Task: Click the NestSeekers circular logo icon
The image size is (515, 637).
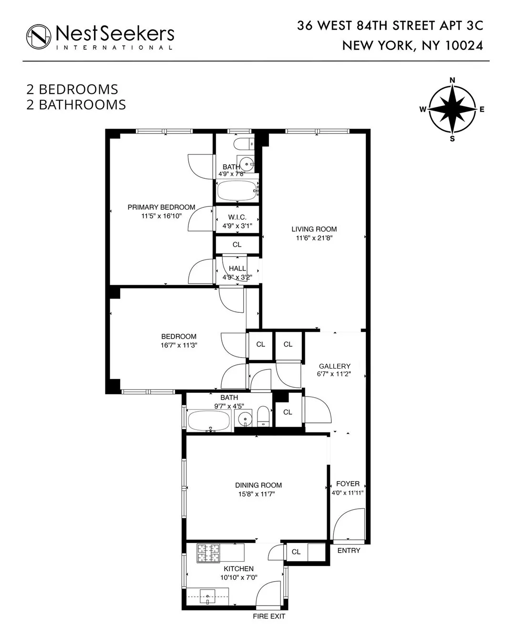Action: [x=39, y=37]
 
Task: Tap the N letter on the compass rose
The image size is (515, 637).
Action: [x=452, y=80]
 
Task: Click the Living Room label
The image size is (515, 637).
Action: [x=314, y=229]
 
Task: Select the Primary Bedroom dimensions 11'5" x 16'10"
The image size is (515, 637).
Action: [x=161, y=216]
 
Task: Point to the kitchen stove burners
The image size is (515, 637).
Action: [x=209, y=553]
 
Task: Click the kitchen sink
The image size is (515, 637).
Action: [x=208, y=596]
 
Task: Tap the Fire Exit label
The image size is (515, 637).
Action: [x=269, y=616]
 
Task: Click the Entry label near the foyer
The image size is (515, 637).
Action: [x=349, y=551]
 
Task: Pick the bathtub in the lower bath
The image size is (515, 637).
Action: [x=209, y=421]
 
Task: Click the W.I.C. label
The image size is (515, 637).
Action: [x=237, y=217]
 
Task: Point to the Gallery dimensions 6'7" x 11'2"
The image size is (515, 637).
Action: [x=335, y=374]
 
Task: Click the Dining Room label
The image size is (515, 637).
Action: [x=258, y=485]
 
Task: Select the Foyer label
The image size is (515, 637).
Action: [x=348, y=483]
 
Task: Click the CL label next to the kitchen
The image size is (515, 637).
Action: [x=296, y=552]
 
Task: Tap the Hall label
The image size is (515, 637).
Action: [x=237, y=268]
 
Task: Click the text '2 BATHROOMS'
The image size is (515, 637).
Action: [x=76, y=105]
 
